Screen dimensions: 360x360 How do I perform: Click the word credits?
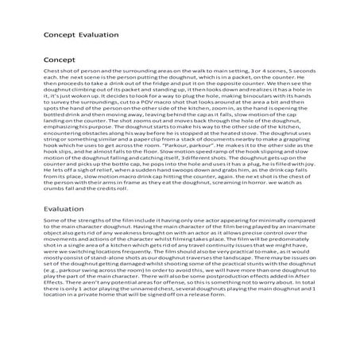tap(109, 215)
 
